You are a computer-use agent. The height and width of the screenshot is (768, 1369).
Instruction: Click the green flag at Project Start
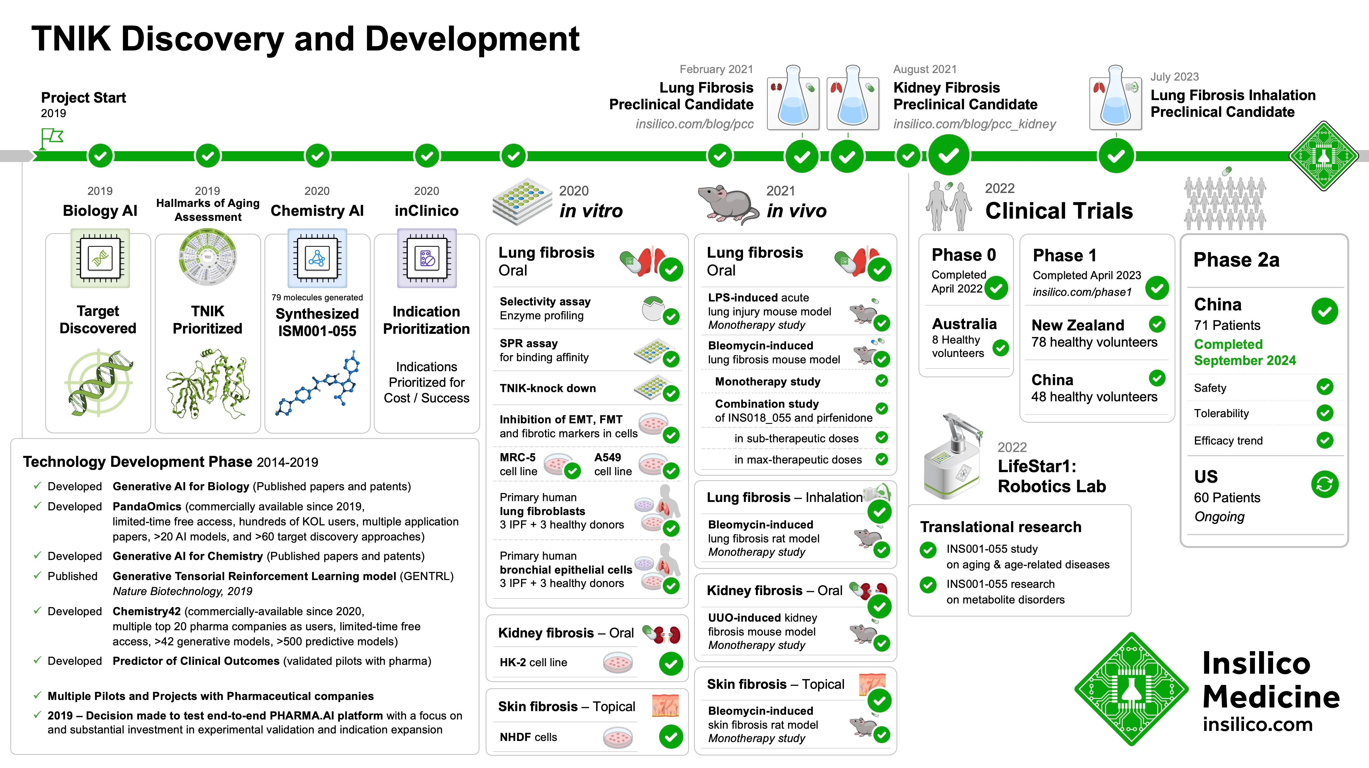(52, 138)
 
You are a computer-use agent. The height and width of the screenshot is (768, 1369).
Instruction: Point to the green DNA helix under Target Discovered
(99, 383)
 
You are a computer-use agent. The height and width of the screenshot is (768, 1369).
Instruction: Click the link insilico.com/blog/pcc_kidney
(974, 124)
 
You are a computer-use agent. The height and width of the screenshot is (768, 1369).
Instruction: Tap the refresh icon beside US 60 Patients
(1324, 484)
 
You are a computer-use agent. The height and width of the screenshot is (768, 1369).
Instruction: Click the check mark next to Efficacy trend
(1324, 440)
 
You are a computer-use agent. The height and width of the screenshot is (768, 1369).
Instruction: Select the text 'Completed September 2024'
(1245, 352)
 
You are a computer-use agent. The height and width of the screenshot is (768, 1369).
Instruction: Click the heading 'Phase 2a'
(1236, 260)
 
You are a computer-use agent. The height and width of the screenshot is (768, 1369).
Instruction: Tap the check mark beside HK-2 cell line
(671, 663)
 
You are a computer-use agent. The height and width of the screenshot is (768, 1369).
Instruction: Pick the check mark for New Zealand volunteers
(1157, 324)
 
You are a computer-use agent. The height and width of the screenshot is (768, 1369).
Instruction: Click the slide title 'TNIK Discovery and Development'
(305, 39)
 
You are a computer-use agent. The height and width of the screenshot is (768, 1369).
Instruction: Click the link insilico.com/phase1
(1082, 292)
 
